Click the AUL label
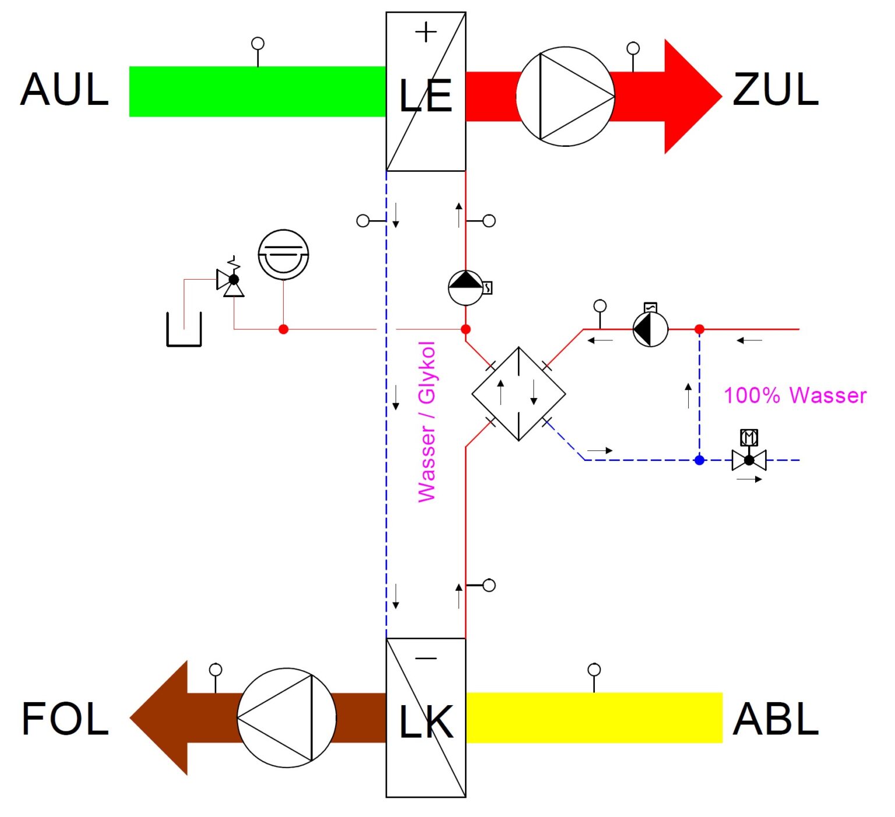65,90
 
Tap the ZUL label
776,90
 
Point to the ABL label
776,719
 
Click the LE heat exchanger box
426,91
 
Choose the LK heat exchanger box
426,718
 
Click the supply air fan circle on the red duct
565,97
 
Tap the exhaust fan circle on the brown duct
287,717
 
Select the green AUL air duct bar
257,91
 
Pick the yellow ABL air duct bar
594,717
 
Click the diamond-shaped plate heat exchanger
519,394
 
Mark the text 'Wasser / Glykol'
427,422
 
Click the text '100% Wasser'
795,396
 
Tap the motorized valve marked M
749,455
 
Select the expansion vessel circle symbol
283,255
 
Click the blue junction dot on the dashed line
700,460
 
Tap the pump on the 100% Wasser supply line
650,329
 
